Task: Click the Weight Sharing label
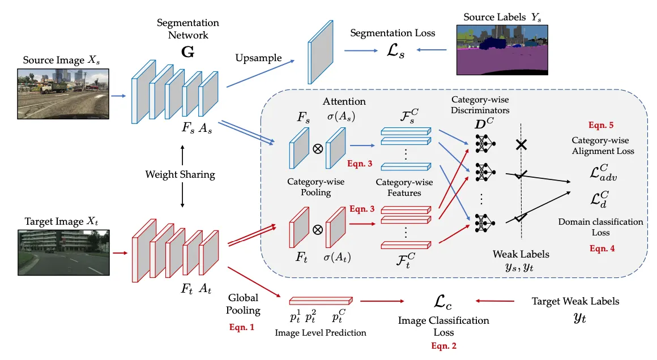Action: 180,174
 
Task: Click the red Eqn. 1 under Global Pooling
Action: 243,327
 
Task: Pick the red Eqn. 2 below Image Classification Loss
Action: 443,345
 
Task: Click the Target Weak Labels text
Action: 575,301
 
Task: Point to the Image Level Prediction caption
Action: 321,332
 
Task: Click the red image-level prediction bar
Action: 321,301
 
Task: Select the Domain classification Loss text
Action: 600,227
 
